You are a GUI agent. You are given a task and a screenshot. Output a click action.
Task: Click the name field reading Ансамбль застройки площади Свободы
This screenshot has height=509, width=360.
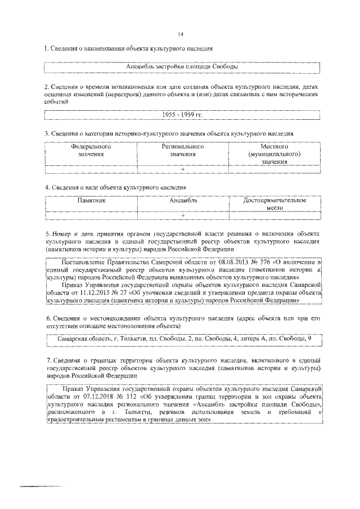[181, 67]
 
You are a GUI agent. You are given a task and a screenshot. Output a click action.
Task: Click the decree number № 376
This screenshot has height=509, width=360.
[251, 262]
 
